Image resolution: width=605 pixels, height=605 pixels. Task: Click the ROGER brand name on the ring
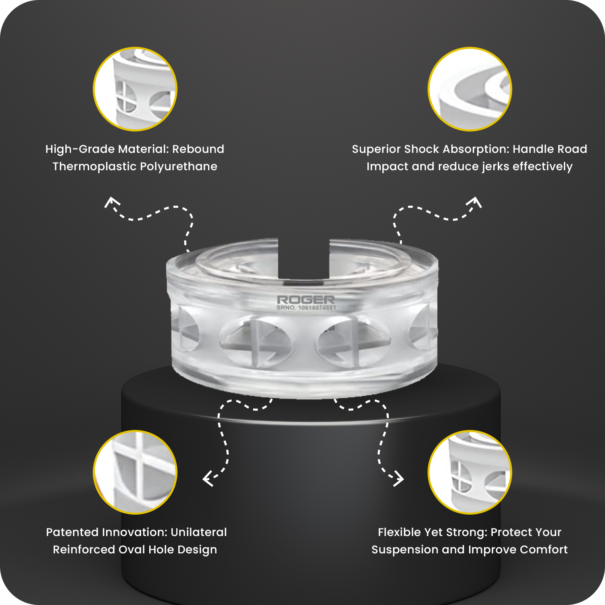click(x=306, y=300)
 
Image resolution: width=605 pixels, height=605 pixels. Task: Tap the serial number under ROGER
click(x=306, y=308)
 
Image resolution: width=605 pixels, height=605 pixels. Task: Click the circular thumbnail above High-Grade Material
click(x=135, y=89)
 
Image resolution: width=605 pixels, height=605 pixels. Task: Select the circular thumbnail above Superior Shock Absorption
click(x=470, y=89)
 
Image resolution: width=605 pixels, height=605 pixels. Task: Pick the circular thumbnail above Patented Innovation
click(x=135, y=472)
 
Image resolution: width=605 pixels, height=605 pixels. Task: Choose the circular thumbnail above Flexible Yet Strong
click(x=470, y=472)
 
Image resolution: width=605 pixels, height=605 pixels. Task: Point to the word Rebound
click(x=198, y=149)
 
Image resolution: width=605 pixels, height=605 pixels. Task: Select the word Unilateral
click(x=199, y=532)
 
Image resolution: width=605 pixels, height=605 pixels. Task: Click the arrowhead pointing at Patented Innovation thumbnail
click(x=207, y=479)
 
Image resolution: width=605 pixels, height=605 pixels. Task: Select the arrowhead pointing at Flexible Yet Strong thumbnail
click(x=398, y=479)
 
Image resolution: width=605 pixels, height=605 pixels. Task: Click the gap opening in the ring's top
click(x=304, y=258)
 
